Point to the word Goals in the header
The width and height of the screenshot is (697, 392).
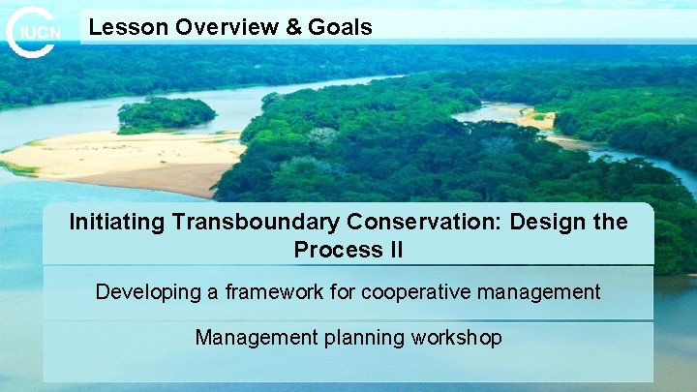pos(340,27)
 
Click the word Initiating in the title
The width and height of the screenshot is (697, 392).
pos(117,222)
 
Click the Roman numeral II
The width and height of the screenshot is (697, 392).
pos(394,250)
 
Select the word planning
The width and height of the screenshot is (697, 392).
pos(363,338)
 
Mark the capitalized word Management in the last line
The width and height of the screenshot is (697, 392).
pos(255,338)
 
